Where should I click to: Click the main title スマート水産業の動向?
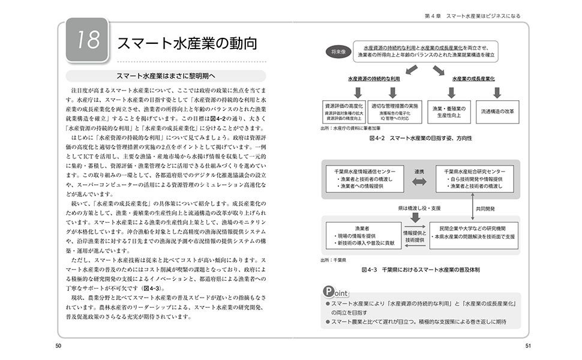coord(187,43)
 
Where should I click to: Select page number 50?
coord(58,345)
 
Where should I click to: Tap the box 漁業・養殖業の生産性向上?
coord(445,112)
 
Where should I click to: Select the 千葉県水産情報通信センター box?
coord(364,179)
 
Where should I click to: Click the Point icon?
coord(335,292)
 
